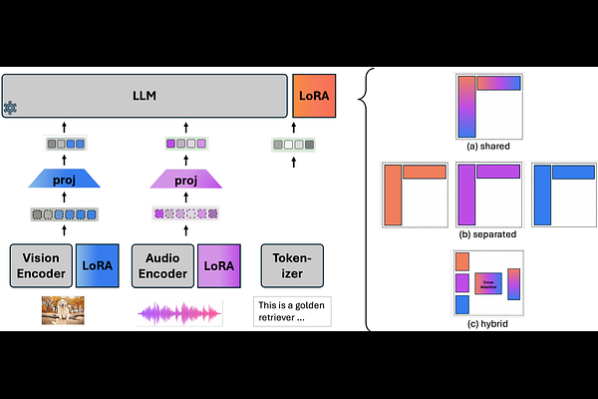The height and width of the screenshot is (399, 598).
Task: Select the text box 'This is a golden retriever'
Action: (x=291, y=311)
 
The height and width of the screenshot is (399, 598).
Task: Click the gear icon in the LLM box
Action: (x=11, y=108)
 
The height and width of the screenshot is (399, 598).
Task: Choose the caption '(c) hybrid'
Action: (x=489, y=323)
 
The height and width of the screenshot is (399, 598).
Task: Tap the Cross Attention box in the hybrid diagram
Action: (x=488, y=284)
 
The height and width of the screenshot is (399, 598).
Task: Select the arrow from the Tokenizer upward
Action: (x=292, y=228)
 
